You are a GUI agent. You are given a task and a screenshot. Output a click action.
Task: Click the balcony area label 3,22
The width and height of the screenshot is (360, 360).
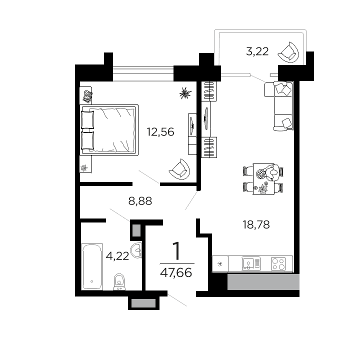(x=257, y=51)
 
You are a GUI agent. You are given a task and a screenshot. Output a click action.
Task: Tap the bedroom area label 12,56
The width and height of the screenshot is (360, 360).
(x=160, y=132)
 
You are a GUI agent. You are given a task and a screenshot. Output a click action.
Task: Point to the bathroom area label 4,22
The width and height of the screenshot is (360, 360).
(x=117, y=256)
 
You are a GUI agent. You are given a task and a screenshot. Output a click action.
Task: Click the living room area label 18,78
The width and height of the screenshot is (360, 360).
(x=255, y=225)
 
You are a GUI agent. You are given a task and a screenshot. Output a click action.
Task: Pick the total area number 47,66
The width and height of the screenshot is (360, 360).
(x=176, y=273)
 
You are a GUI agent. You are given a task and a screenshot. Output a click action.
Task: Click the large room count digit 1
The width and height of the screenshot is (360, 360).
(x=176, y=250)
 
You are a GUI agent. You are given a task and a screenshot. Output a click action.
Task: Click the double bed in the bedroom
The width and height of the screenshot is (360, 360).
(x=109, y=128)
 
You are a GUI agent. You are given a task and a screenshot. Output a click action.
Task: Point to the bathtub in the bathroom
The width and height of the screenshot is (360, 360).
(x=92, y=266)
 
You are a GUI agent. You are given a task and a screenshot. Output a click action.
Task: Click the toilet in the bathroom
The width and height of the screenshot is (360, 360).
(x=119, y=281)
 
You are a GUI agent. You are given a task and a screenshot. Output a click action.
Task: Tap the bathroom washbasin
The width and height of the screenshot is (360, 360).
(x=136, y=250)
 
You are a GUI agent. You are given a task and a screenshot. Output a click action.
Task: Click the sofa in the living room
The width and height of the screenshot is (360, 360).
(x=283, y=106)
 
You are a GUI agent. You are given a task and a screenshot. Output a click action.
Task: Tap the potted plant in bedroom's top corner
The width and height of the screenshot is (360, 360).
(x=185, y=92)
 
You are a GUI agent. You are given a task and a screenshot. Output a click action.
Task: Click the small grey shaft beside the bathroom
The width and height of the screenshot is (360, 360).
(x=136, y=230)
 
